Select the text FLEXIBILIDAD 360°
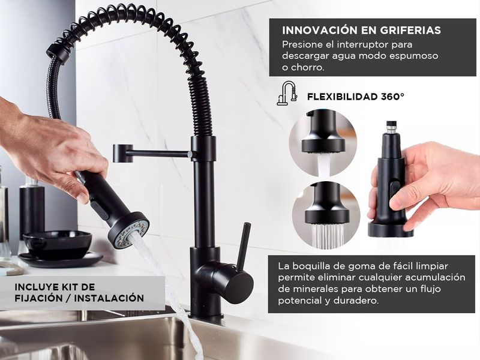pos(356,97)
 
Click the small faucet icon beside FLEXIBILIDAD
pos(287,93)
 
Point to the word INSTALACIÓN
pos(109,298)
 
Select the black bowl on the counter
pos(58,244)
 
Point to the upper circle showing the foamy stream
pos(323,142)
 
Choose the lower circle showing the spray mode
pos(326,215)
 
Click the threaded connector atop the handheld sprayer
pos(391,127)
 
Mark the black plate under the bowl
pos(61,259)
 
